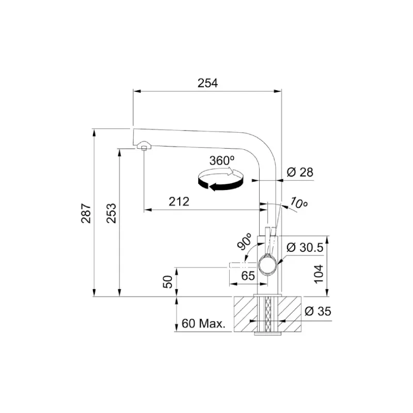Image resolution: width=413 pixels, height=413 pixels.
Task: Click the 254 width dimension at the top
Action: (x=208, y=83)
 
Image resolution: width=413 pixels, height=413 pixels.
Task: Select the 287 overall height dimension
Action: (x=86, y=213)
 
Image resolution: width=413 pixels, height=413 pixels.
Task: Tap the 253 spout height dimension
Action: (x=112, y=213)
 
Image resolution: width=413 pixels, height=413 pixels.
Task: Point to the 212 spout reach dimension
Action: (x=179, y=202)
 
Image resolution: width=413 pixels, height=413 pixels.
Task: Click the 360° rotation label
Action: (x=222, y=161)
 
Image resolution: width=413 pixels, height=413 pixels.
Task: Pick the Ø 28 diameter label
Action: (x=300, y=172)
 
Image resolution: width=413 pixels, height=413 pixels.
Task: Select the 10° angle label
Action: (x=298, y=203)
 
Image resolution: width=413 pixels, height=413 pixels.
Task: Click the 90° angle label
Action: (x=245, y=241)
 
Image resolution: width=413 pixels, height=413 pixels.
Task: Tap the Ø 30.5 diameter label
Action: (x=305, y=247)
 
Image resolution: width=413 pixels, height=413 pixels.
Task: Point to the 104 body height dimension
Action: (x=319, y=274)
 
